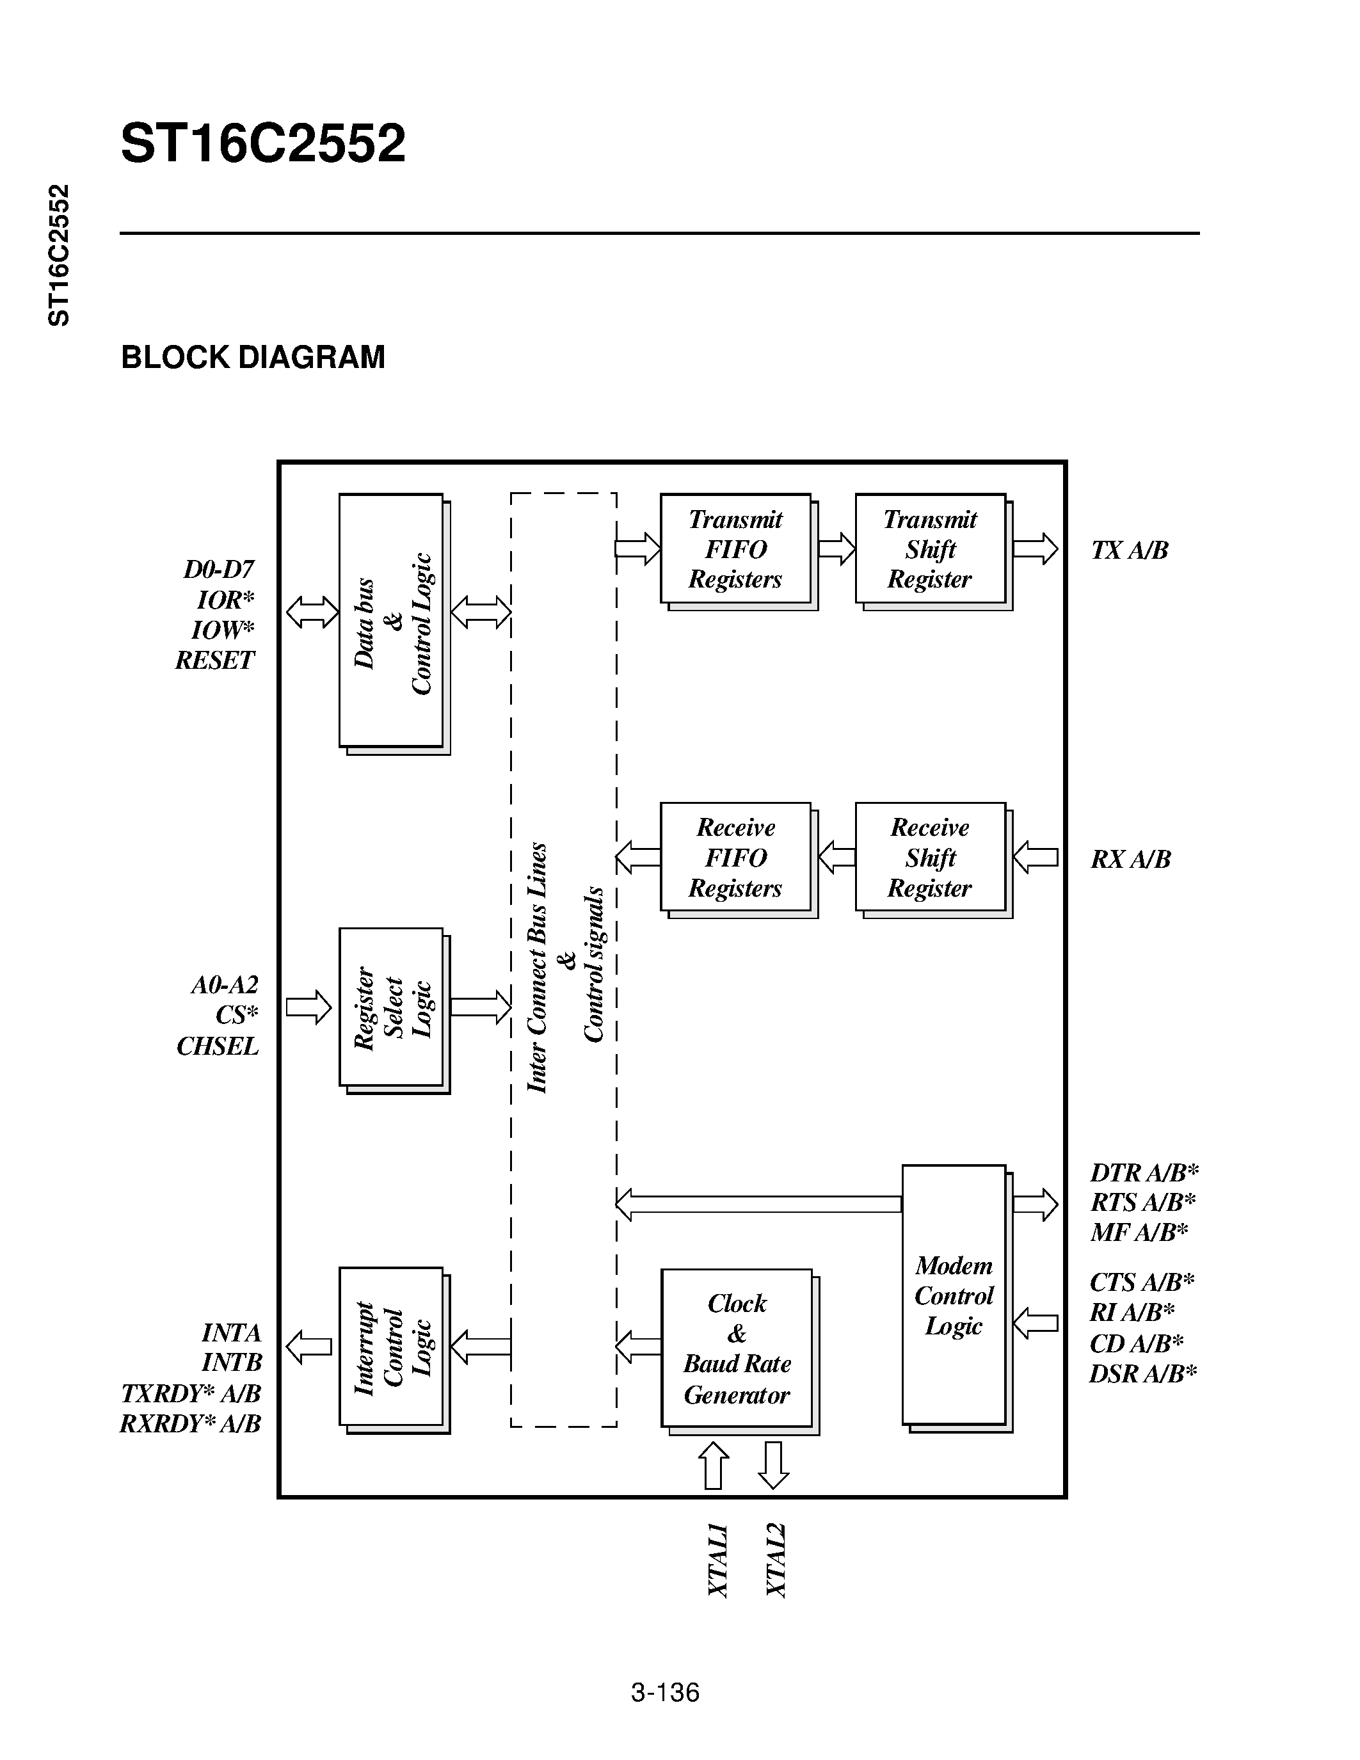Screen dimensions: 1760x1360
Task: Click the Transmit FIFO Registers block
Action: pyautogui.click(x=735, y=548)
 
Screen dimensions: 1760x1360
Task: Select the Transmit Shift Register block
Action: pyautogui.click(x=930, y=548)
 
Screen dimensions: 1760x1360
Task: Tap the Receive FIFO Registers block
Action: pyautogui.click(x=735, y=858)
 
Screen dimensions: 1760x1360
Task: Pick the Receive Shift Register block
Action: pyautogui.click(x=930, y=858)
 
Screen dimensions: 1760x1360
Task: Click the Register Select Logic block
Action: pyautogui.click(x=391, y=1007)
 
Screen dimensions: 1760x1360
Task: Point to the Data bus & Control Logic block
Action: pyautogui.click(x=391, y=621)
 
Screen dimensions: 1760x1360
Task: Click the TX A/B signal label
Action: pyautogui.click(x=1129, y=550)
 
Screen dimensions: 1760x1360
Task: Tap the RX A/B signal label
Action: pyautogui.click(x=1130, y=859)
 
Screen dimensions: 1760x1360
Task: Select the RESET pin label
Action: pyautogui.click(x=214, y=661)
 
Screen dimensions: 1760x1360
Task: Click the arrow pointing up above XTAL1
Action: pyautogui.click(x=713, y=1465)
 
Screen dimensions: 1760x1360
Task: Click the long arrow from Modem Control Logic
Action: pyautogui.click(x=757, y=1204)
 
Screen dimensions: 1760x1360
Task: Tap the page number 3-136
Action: pyautogui.click(x=665, y=1692)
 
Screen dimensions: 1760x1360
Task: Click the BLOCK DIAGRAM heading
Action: pyautogui.click(x=253, y=357)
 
